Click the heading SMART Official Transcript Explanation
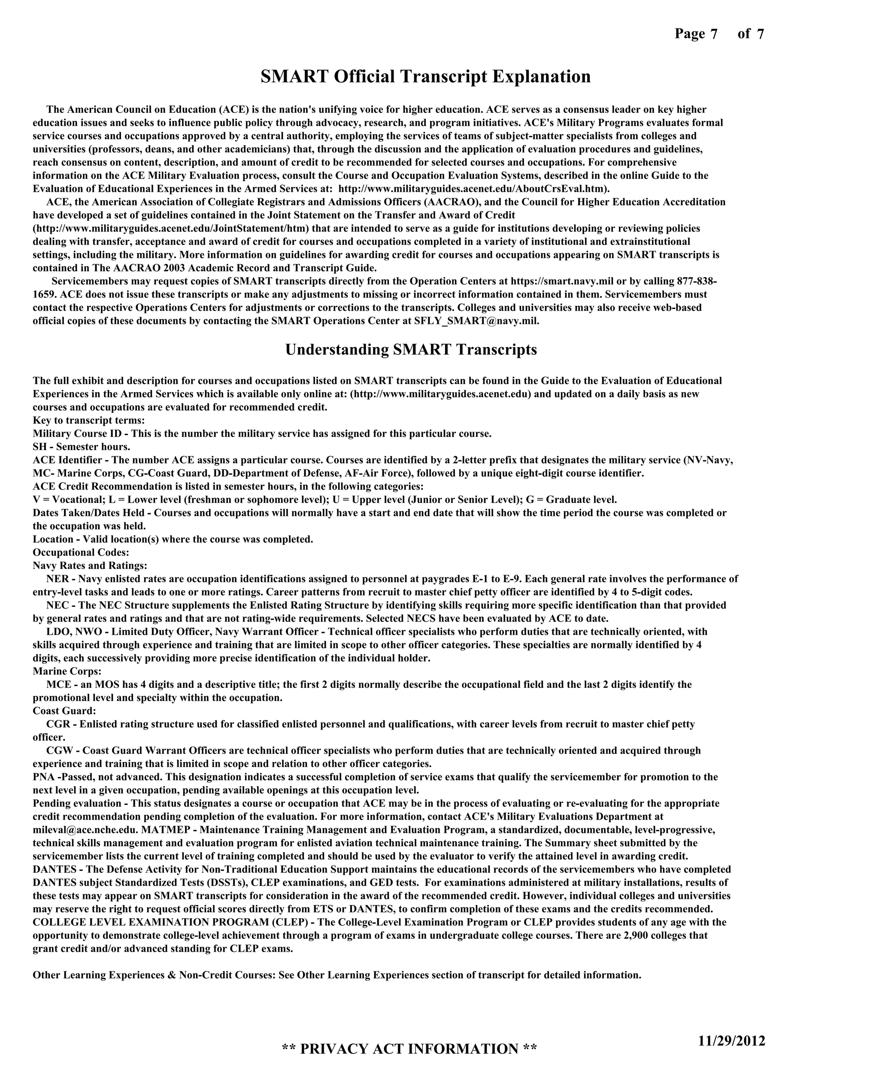(425, 77)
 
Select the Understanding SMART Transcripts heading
(411, 350)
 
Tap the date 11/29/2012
(731, 1041)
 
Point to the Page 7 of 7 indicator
(719, 34)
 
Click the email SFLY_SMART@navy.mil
(476, 321)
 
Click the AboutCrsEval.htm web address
(473, 189)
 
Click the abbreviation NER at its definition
(57, 579)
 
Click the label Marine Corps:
(67, 671)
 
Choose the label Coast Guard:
(64, 711)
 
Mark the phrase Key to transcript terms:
(88, 421)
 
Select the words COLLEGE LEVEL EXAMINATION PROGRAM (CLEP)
(171, 922)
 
